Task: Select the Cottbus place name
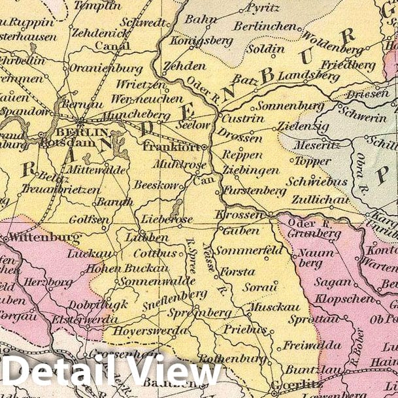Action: [155, 253]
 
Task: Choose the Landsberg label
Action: [300, 76]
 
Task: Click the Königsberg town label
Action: [193, 41]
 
